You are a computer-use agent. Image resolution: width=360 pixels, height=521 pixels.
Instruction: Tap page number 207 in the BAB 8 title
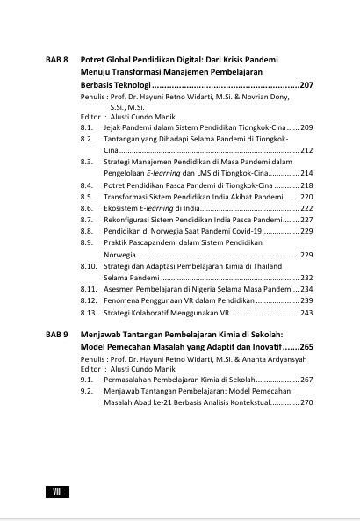coord(306,86)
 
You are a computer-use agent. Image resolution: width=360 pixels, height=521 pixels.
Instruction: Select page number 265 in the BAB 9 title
coord(306,350)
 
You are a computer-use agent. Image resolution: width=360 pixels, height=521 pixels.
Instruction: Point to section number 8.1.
coord(86,128)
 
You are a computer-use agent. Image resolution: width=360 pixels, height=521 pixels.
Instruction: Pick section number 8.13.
coord(89,312)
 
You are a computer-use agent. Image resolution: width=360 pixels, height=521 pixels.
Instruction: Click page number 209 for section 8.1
coord(307,128)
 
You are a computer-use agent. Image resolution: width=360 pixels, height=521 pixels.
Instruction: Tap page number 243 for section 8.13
coord(307,312)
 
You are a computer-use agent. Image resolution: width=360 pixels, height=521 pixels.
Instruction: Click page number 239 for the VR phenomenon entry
coord(307,300)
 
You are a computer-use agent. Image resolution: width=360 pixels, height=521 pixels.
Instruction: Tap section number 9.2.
coord(86,391)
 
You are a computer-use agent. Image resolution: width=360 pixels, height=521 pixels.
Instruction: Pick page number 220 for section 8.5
coord(307,197)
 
